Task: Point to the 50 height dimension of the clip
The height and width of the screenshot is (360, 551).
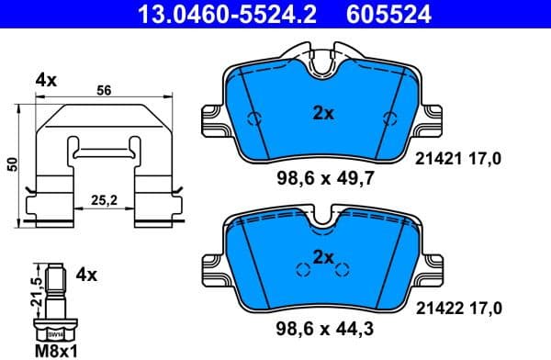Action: [x=12, y=163]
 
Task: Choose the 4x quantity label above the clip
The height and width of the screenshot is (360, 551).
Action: [x=46, y=81]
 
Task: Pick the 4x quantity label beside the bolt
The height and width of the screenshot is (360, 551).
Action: [x=86, y=274]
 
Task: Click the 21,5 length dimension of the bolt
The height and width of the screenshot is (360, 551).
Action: [x=35, y=287]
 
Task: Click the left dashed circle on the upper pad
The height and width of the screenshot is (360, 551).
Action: [x=257, y=119]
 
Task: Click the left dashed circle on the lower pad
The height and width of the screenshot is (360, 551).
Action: [x=300, y=269]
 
